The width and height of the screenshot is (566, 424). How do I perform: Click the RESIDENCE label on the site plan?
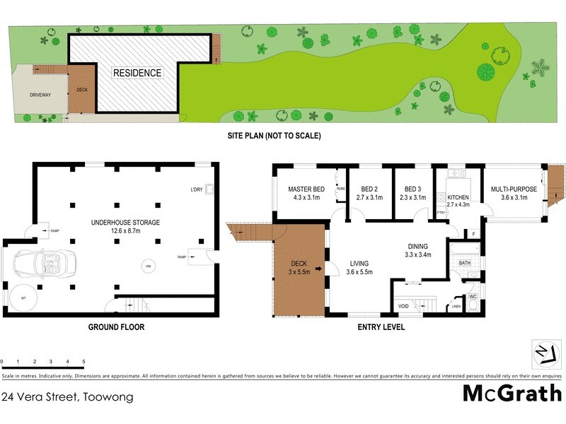tap(137, 73)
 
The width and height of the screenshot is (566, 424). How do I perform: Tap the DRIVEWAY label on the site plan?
tap(40, 95)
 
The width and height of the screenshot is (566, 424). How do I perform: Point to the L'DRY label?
tap(197, 189)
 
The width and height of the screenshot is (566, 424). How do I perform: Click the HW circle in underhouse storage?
tap(149, 266)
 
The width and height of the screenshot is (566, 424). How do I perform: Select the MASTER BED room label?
tap(306, 189)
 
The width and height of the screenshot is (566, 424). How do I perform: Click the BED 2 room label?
tap(371, 189)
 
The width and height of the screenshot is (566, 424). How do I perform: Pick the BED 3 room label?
tap(415, 189)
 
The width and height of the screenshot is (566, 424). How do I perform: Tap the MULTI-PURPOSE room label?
tap(514, 189)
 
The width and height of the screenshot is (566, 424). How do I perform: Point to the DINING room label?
tap(418, 246)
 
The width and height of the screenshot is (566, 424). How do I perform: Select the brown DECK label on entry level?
tap(295, 265)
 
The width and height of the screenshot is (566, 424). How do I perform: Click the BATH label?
tap(464, 263)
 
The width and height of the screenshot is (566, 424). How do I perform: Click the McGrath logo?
tap(512, 394)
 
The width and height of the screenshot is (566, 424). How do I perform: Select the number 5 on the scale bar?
tap(83, 361)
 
